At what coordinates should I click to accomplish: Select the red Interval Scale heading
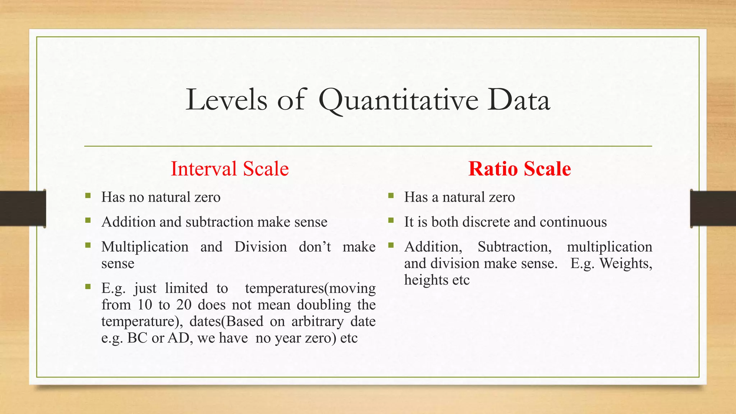coord(230,169)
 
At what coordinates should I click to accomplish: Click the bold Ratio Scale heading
coord(519,169)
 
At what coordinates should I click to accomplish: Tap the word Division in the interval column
coord(261,247)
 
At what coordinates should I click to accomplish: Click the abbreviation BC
coord(137,338)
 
